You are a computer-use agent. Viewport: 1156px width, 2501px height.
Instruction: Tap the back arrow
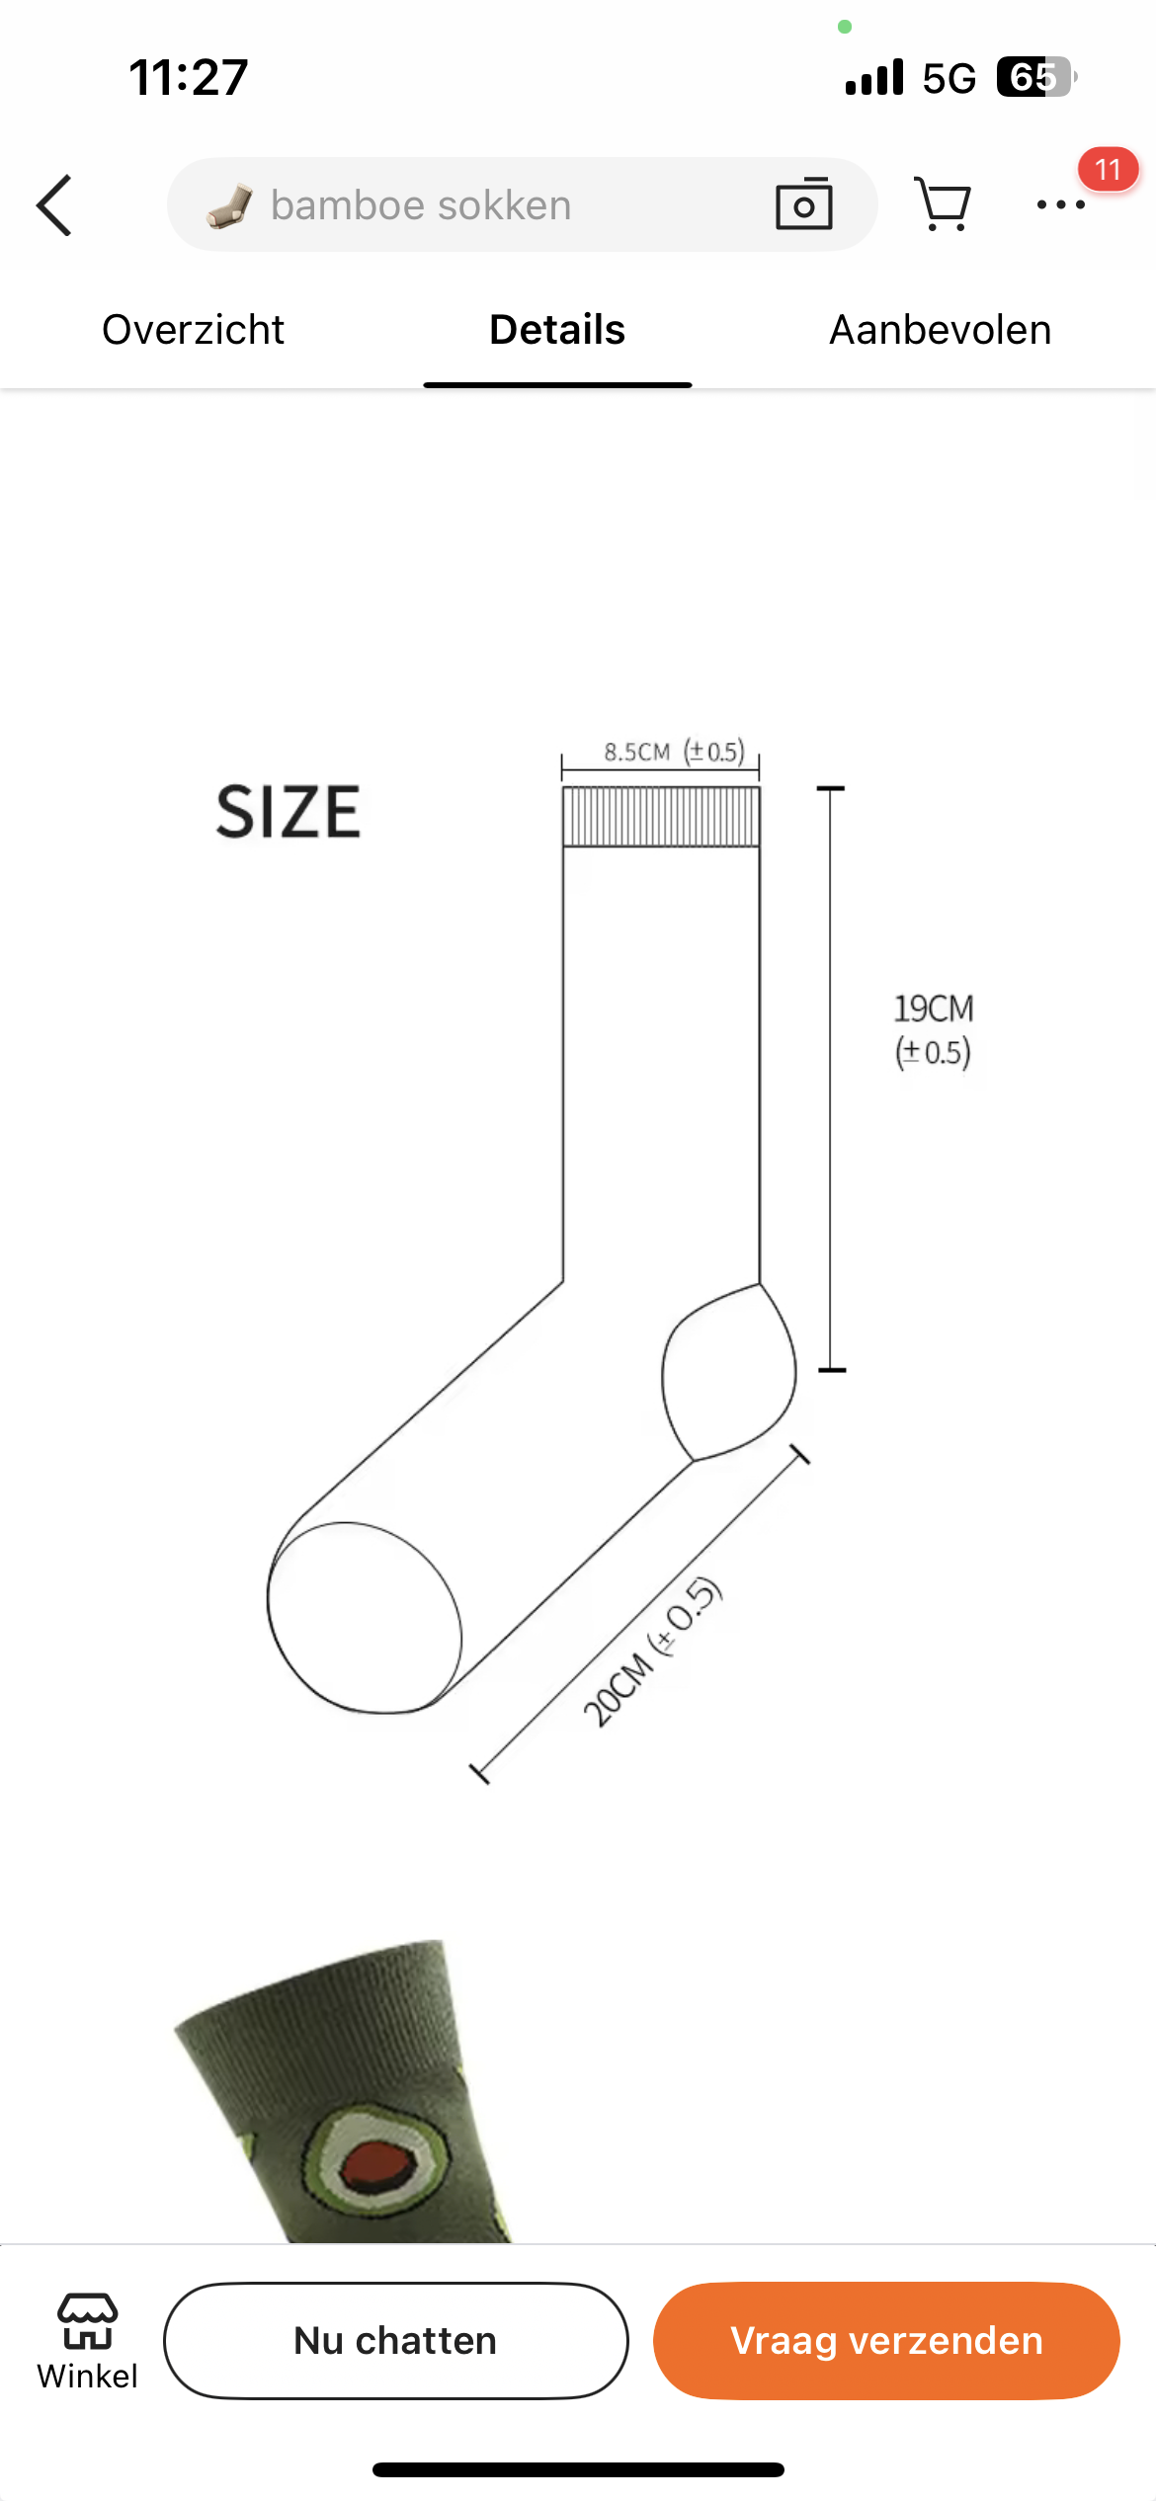[54, 205]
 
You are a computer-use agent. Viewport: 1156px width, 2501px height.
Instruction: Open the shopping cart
[943, 204]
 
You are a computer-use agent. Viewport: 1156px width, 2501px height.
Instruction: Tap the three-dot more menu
[1061, 204]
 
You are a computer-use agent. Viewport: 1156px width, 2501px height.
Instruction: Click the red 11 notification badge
[1108, 169]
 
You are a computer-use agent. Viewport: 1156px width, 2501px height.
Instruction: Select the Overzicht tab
[193, 330]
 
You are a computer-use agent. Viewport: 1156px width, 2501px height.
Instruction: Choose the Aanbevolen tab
[940, 330]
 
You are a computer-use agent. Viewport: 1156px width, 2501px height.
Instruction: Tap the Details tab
[557, 330]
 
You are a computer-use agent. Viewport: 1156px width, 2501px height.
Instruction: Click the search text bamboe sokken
[421, 205]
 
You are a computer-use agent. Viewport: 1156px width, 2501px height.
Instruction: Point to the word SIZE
[289, 812]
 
